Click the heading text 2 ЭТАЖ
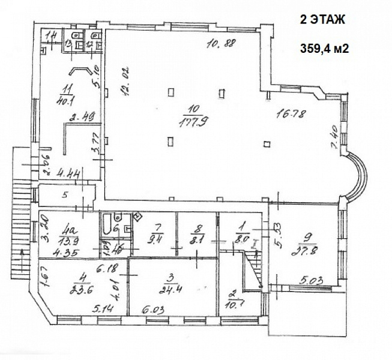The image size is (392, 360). (x=322, y=20)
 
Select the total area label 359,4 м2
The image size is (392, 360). (x=325, y=50)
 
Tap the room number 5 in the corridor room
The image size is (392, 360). (x=67, y=194)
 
